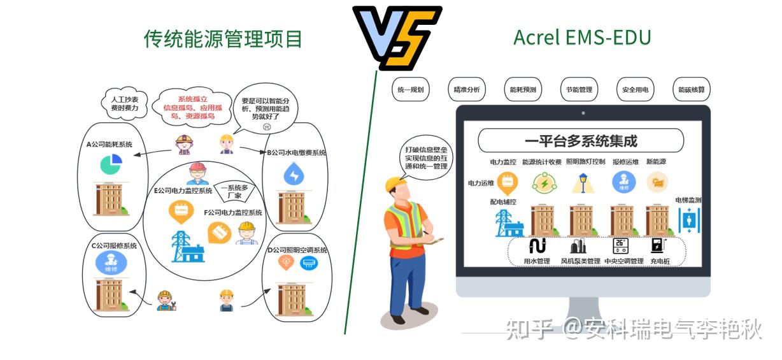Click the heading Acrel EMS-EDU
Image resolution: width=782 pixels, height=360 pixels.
pos(582,38)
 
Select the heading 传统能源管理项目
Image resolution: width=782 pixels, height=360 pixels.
pos(223,40)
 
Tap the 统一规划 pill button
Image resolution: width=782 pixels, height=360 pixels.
pos(410,90)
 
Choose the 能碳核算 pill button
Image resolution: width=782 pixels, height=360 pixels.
pos(691,90)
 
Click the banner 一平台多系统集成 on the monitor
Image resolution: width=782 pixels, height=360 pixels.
pos(580,141)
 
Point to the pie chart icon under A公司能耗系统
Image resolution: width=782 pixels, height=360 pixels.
pos(111,164)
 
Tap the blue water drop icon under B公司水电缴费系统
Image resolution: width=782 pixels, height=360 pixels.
pos(294,174)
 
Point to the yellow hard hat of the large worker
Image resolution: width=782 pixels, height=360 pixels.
pos(395,185)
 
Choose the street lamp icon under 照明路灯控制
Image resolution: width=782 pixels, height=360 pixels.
pos(580,184)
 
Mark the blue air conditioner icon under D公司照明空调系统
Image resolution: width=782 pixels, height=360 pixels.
pos(309,262)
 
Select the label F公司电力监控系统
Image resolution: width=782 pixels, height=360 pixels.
pos(233,212)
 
